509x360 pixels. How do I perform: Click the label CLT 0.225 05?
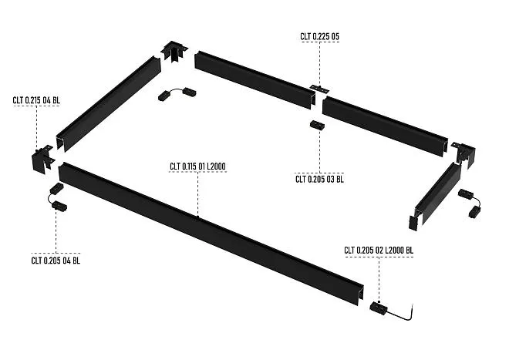(320, 36)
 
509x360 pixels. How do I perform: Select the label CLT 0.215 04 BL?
(35, 99)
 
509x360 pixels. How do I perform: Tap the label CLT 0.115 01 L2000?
(197, 166)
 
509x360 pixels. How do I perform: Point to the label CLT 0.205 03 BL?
(319, 179)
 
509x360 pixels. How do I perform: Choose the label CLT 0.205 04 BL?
(56, 260)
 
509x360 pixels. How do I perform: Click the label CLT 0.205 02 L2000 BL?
(379, 250)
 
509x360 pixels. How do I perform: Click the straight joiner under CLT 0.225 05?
(317, 89)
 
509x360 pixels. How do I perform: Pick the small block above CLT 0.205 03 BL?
(315, 125)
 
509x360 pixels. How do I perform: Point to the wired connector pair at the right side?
(470, 200)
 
